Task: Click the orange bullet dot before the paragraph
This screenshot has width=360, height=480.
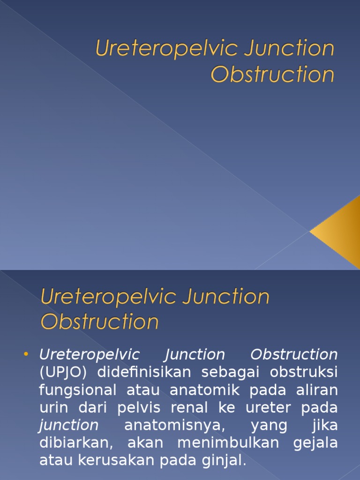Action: [x=26, y=354]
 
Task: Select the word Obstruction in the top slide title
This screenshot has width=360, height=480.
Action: [x=273, y=75]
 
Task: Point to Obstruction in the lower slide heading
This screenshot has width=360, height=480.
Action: [x=99, y=322]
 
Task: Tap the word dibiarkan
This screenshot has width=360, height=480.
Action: [x=74, y=443]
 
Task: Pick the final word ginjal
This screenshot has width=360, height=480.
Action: [x=226, y=461]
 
